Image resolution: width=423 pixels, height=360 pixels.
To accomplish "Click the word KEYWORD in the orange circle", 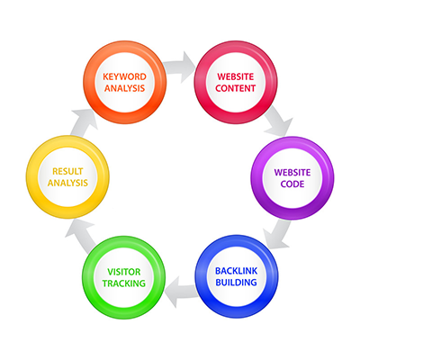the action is tap(124, 76).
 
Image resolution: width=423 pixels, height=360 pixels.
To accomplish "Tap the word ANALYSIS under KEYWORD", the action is tap(124, 88).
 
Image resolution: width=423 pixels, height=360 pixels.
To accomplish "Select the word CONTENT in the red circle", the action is tap(236, 88).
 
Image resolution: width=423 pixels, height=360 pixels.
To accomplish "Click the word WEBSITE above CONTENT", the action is tap(236, 76).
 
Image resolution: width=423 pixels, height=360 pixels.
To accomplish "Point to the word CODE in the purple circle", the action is tap(292, 184).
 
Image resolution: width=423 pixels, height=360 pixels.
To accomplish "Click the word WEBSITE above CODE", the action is tap(292, 173).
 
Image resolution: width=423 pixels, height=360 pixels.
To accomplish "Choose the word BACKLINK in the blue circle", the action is tap(236, 271).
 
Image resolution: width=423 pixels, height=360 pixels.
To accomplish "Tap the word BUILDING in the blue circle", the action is tap(236, 283).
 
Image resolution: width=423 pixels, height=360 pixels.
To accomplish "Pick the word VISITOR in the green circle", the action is tap(124, 272).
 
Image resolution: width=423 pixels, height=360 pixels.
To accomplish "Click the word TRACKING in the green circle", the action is tap(124, 283).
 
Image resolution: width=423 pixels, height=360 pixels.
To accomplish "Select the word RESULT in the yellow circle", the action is tap(67, 171).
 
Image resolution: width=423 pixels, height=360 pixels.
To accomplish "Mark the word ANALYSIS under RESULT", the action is tap(67, 183).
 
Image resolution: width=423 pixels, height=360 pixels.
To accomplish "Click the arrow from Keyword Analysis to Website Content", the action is tap(180, 67).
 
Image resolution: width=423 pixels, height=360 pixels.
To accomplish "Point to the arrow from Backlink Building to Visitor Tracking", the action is tap(181, 292).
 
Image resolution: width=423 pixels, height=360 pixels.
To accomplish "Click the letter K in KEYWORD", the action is tap(105, 76).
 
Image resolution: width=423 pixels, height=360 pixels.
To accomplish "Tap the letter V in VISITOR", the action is tap(111, 272).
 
